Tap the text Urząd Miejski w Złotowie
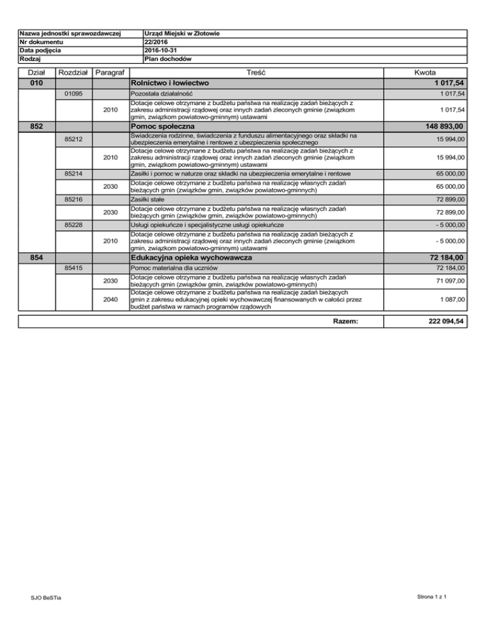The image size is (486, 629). tap(182, 34)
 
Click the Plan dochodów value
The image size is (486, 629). tap(168, 59)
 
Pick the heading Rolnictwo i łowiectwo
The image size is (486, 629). tap(170, 83)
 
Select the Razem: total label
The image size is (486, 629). tap(346, 321)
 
